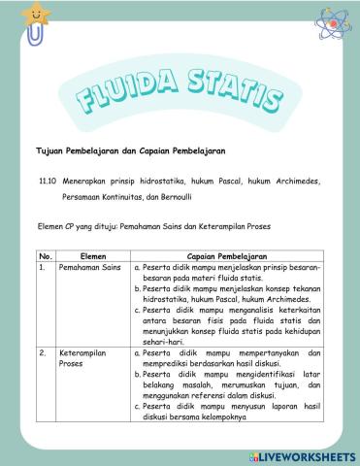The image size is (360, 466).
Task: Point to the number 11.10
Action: point(48,180)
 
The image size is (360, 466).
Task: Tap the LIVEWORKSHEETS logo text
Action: point(306,455)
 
